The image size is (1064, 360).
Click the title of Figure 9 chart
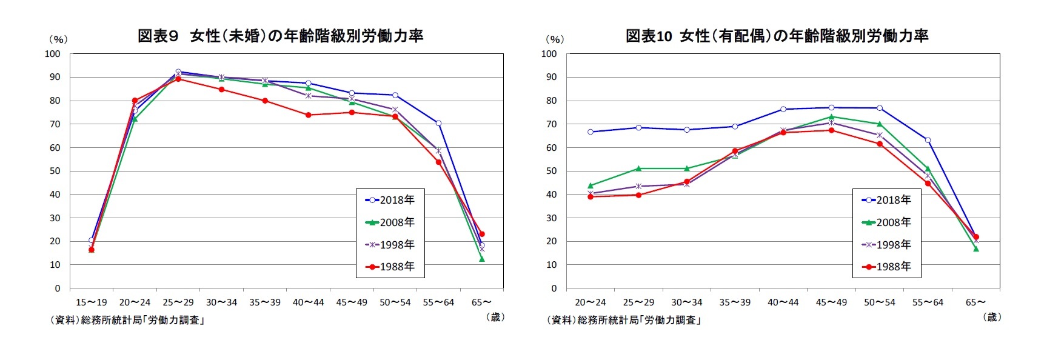280,36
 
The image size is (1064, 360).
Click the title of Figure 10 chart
777,36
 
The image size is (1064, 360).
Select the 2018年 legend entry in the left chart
390,200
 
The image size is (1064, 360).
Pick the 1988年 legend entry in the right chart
886,267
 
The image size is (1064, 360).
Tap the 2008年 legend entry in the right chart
886,222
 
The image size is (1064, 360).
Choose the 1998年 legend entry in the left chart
390,245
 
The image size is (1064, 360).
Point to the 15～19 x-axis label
91,302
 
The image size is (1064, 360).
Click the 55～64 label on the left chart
438,302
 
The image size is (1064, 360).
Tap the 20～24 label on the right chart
590,302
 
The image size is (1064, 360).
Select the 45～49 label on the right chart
831,302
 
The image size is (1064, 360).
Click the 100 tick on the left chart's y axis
53,54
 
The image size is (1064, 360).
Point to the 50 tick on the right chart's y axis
551,171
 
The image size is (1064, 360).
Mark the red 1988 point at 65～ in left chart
482,234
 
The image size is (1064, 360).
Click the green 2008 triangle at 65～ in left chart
482,259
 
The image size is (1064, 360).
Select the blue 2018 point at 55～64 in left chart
438,123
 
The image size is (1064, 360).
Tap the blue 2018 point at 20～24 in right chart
591,132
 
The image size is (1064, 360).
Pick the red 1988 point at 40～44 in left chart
309,115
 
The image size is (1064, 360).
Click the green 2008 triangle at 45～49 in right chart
831,116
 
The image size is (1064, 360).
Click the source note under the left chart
127,320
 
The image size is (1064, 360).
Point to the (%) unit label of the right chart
554,39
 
